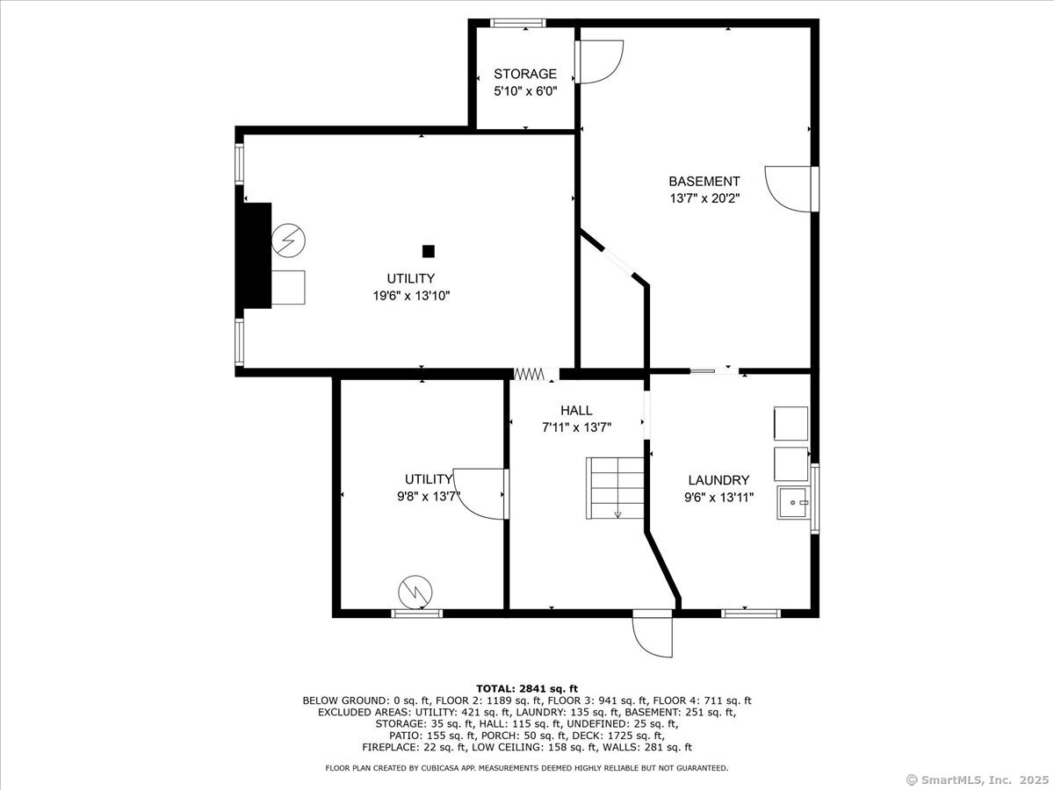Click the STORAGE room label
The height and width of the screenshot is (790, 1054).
[525, 74]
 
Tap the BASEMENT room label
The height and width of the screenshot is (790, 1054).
[704, 182]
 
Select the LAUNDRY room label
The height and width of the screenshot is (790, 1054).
[718, 480]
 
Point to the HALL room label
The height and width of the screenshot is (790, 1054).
[576, 410]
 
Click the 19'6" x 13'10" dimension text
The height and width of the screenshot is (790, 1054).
[411, 296]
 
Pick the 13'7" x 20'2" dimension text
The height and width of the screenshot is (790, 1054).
[704, 198]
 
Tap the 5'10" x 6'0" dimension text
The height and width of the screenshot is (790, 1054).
[525, 90]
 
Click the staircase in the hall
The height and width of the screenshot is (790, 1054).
[615, 488]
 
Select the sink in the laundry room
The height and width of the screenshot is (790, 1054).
[793, 502]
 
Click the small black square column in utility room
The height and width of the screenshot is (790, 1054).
[429, 251]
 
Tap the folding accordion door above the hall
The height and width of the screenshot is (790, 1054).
[529, 374]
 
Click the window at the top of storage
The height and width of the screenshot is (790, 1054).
[517, 23]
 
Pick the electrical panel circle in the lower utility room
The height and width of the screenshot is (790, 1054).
[415, 592]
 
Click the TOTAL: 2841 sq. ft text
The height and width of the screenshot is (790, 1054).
[527, 689]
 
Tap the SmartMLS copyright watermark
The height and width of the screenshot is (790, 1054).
[978, 779]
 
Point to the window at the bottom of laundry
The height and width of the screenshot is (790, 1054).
[751, 614]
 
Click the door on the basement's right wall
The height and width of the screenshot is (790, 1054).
[791, 189]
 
